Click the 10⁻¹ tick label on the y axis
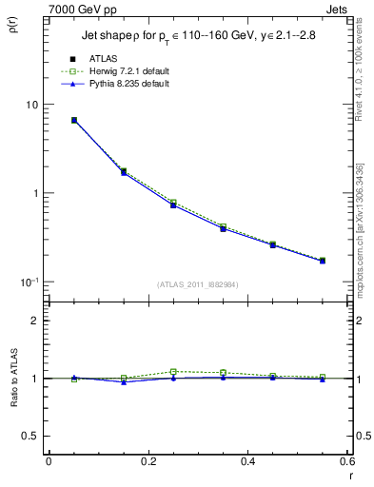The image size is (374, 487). pos(30,282)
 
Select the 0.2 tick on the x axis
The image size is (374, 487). pos(148,461)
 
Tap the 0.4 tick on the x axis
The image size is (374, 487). pos(247,461)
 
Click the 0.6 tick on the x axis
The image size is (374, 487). pos(346,461)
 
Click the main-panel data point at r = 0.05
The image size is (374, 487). pos(74,121)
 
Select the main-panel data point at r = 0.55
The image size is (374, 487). pos(323,261)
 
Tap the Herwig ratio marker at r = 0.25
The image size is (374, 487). pos(173,372)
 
